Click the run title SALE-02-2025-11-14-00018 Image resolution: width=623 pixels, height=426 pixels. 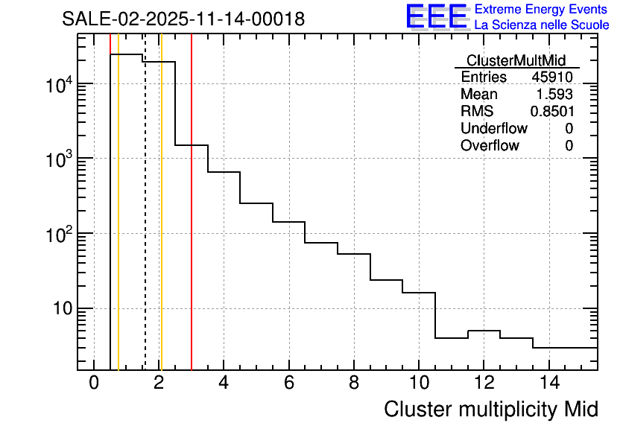(183, 19)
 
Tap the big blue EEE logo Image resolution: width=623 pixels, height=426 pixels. (436, 17)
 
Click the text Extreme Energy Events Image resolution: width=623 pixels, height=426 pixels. (542, 10)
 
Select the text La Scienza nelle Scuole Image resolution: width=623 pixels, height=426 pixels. (542, 25)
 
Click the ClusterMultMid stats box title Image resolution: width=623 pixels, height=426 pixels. (516, 60)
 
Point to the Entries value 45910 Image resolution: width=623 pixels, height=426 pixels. (552, 77)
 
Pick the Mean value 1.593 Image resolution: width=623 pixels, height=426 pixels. (554, 95)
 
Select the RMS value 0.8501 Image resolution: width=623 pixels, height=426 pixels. (551, 112)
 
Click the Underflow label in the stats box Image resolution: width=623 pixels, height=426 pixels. (493, 129)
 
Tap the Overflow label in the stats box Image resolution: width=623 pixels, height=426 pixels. (490, 146)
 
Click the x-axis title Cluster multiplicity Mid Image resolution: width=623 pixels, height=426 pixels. (490, 409)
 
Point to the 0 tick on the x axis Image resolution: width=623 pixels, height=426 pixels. (94, 383)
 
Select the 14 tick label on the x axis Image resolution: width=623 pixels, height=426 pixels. (548, 383)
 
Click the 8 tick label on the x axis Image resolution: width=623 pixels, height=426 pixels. (354, 383)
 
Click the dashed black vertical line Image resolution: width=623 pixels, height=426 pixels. (145, 223)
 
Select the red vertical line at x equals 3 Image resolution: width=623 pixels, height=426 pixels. (192, 223)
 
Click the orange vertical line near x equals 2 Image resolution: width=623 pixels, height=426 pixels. (161, 223)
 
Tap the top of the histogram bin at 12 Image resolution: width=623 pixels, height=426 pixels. (484, 331)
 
